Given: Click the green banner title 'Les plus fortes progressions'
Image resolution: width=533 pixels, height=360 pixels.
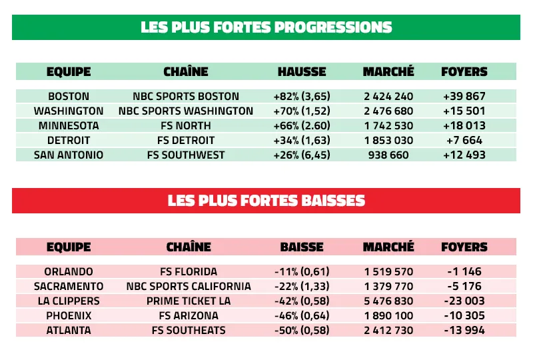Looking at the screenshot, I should click(x=266, y=27).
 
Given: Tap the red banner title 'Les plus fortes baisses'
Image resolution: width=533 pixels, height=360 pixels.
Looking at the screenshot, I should click(x=266, y=201).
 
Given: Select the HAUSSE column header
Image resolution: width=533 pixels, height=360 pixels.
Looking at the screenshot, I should click(x=302, y=71).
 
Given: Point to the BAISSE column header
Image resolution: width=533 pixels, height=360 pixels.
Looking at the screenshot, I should click(x=302, y=247).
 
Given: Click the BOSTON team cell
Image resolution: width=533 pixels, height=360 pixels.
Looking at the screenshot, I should click(x=69, y=97).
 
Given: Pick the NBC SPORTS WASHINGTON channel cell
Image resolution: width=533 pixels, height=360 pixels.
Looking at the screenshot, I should click(x=186, y=111).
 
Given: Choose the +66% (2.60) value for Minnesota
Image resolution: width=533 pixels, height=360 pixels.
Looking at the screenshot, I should click(x=302, y=126).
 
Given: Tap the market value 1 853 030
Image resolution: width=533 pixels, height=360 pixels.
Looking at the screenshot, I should click(x=388, y=141).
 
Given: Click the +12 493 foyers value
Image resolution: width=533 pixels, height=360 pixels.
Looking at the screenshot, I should click(x=464, y=155).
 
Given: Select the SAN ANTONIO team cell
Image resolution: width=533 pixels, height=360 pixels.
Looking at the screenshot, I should click(x=69, y=155).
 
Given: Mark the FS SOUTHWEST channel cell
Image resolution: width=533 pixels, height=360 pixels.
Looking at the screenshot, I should click(x=186, y=155).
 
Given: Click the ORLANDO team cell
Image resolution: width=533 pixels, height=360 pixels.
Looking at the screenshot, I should click(x=69, y=272).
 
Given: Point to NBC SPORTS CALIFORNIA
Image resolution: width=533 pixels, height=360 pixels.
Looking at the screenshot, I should click(x=189, y=287).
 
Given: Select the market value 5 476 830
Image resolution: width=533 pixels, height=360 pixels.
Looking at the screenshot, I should click(x=388, y=301).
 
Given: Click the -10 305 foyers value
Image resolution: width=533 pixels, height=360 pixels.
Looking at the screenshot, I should click(x=464, y=316).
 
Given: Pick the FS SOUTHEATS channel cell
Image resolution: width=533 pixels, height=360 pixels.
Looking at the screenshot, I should click(x=189, y=331).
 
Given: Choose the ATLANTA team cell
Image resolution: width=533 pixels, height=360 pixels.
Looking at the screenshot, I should click(x=69, y=331).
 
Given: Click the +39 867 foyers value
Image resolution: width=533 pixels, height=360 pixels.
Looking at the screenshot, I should click(x=464, y=97).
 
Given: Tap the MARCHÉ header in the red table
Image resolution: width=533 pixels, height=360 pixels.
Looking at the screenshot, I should click(x=388, y=247).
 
